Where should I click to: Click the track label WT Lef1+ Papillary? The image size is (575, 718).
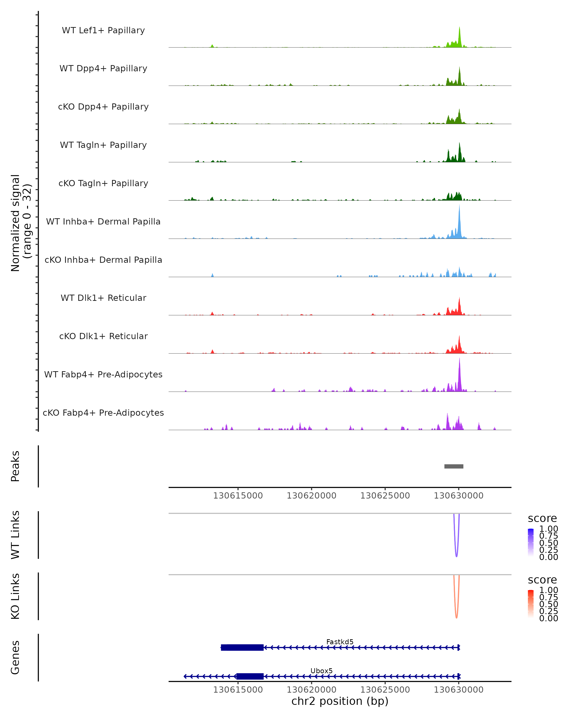coord(103,30)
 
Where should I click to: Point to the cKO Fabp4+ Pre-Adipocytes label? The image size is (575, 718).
coord(103,413)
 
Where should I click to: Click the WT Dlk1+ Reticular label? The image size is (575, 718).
coord(103,298)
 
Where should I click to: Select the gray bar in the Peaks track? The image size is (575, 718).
coord(454,466)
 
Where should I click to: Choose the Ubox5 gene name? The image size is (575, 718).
coord(321,671)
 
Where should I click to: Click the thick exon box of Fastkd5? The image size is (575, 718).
coord(242,647)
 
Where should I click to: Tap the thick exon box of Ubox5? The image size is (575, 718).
coord(250,676)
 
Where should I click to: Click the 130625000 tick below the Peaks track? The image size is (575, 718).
coord(385,496)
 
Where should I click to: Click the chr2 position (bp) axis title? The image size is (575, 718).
coord(340,701)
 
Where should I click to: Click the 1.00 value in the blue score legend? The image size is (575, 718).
coord(548,529)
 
